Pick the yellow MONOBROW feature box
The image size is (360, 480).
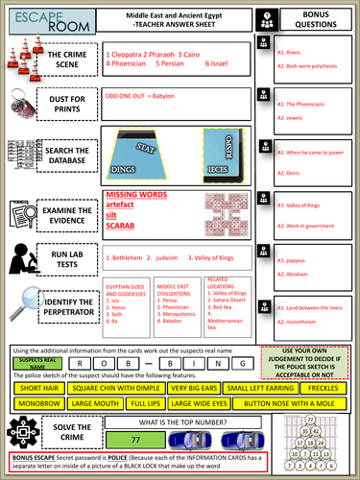(37, 404)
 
